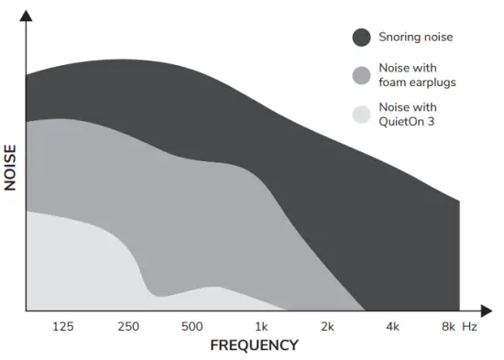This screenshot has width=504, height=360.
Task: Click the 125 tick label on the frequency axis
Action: [63, 326]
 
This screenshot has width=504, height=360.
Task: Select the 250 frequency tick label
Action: [127, 326]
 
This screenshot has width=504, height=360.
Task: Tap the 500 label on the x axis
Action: [192, 326]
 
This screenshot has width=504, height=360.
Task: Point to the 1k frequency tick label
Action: [260, 326]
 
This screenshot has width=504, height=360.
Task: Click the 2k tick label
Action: [326, 326]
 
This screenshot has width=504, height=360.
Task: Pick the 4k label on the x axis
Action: [392, 326]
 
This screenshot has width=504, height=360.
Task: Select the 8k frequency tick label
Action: [447, 326]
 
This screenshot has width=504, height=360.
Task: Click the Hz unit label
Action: [470, 326]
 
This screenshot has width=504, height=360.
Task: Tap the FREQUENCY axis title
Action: [255, 345]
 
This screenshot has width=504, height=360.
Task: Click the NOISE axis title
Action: [11, 167]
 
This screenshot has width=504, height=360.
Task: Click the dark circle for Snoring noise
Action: [362, 37]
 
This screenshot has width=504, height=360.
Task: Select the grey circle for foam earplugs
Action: [362, 75]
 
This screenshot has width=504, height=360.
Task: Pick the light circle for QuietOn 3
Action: [362, 114]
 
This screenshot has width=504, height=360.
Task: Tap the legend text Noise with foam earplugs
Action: [417, 75]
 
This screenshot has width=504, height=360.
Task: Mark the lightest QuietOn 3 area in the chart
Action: [73, 266]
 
